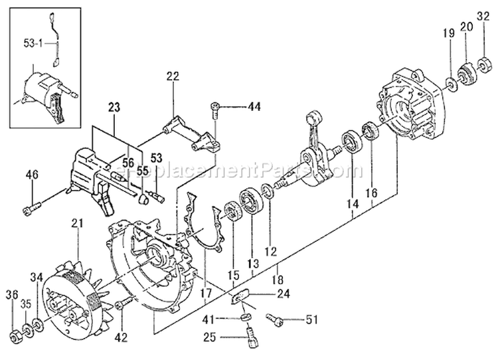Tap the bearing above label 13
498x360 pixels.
coord(254,203)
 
